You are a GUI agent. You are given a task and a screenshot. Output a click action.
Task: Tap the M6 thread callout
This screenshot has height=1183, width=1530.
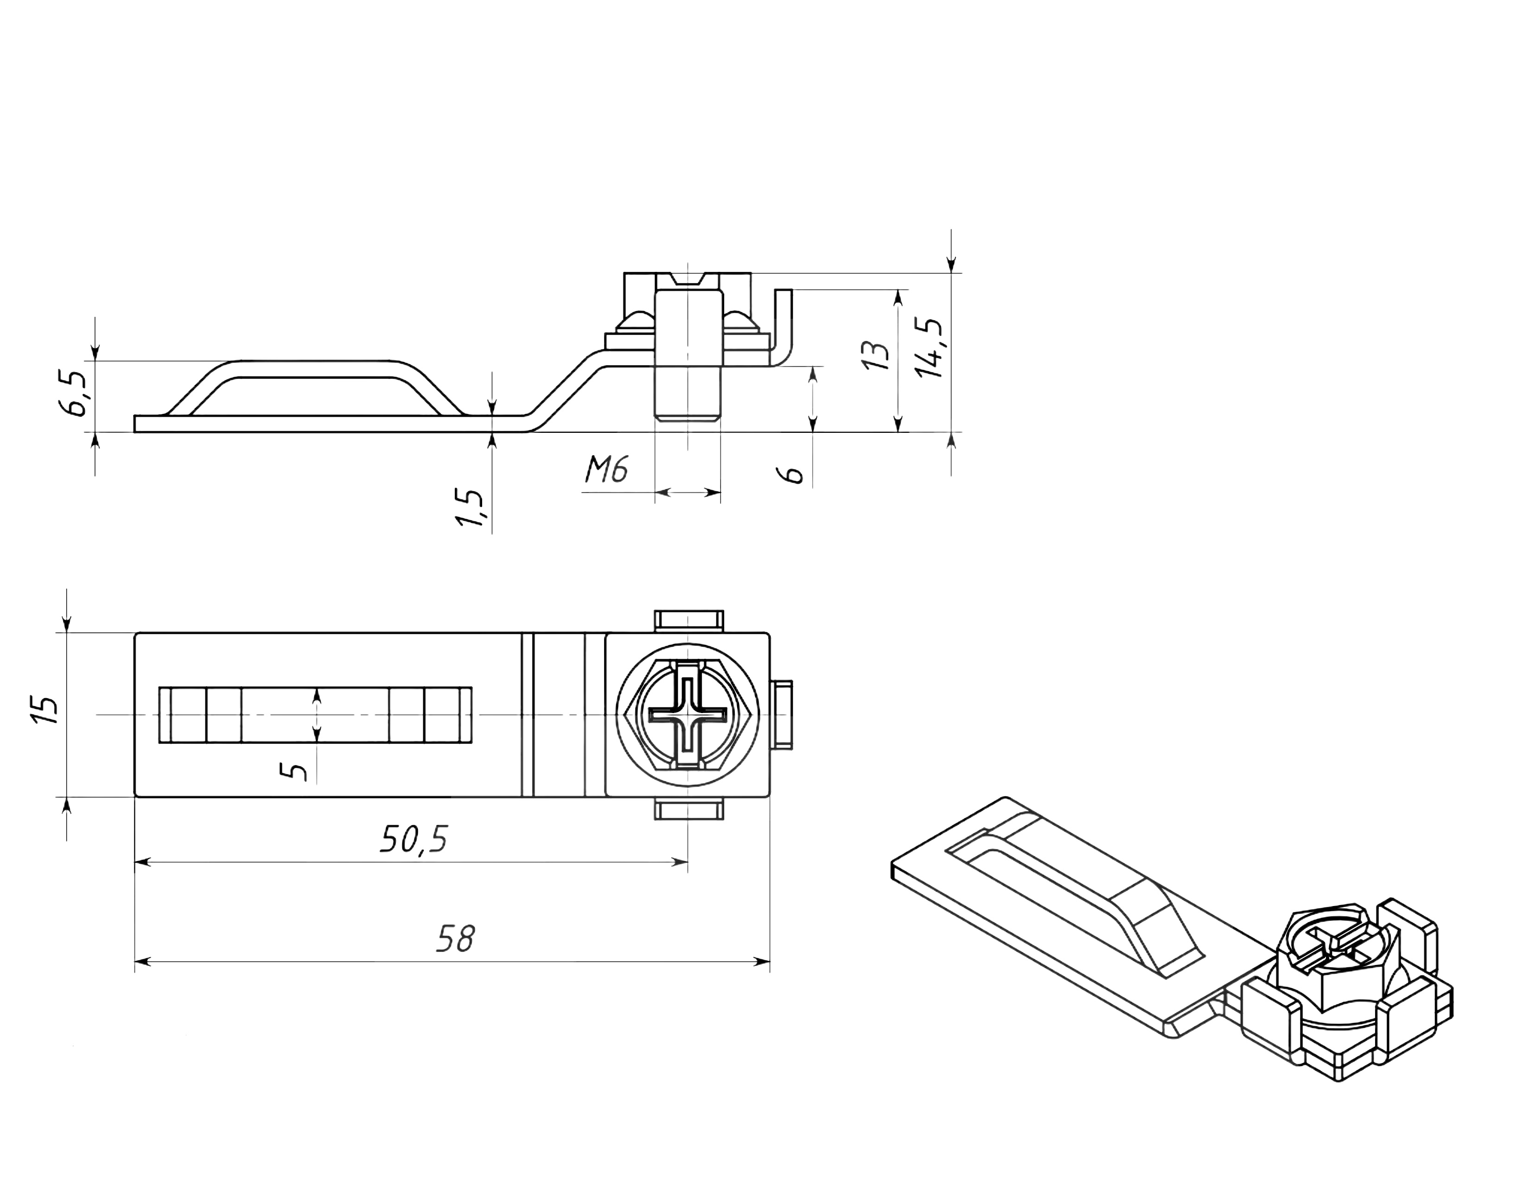[x=607, y=469]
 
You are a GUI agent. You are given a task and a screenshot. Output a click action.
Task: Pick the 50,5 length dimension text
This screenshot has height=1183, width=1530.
[x=413, y=839]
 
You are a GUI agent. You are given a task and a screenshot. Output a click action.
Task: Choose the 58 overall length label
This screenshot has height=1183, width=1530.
[x=455, y=939]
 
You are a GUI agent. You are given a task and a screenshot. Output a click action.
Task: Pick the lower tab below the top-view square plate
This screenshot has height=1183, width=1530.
[x=688, y=810]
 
